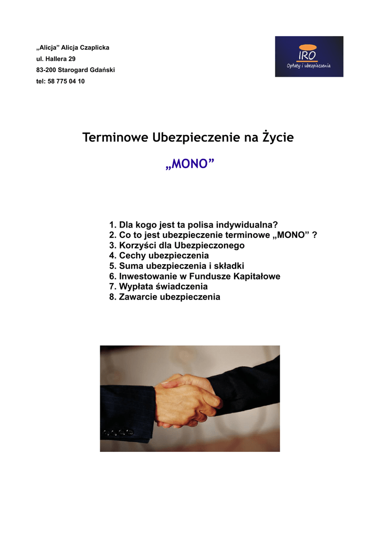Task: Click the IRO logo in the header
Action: pyautogui.click(x=309, y=56)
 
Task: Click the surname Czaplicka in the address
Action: pyautogui.click(x=94, y=48)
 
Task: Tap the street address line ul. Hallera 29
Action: pyautogui.click(x=56, y=59)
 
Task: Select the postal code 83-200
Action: pyautogui.click(x=46, y=70)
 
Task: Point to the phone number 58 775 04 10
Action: pyautogui.click(x=66, y=81)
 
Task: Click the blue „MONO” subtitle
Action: pyautogui.click(x=189, y=165)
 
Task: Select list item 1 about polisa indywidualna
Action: pyautogui.click(x=193, y=225)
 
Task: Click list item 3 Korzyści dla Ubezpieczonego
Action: pyautogui.click(x=176, y=245)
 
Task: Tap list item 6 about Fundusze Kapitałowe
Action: pyautogui.click(x=194, y=276)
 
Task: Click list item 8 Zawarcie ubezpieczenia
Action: pyautogui.click(x=164, y=297)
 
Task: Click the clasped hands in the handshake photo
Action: pyautogui.click(x=186, y=401)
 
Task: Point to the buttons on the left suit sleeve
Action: pyautogui.click(x=118, y=433)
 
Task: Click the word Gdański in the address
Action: pyautogui.click(x=102, y=70)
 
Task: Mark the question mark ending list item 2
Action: pyautogui.click(x=314, y=235)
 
